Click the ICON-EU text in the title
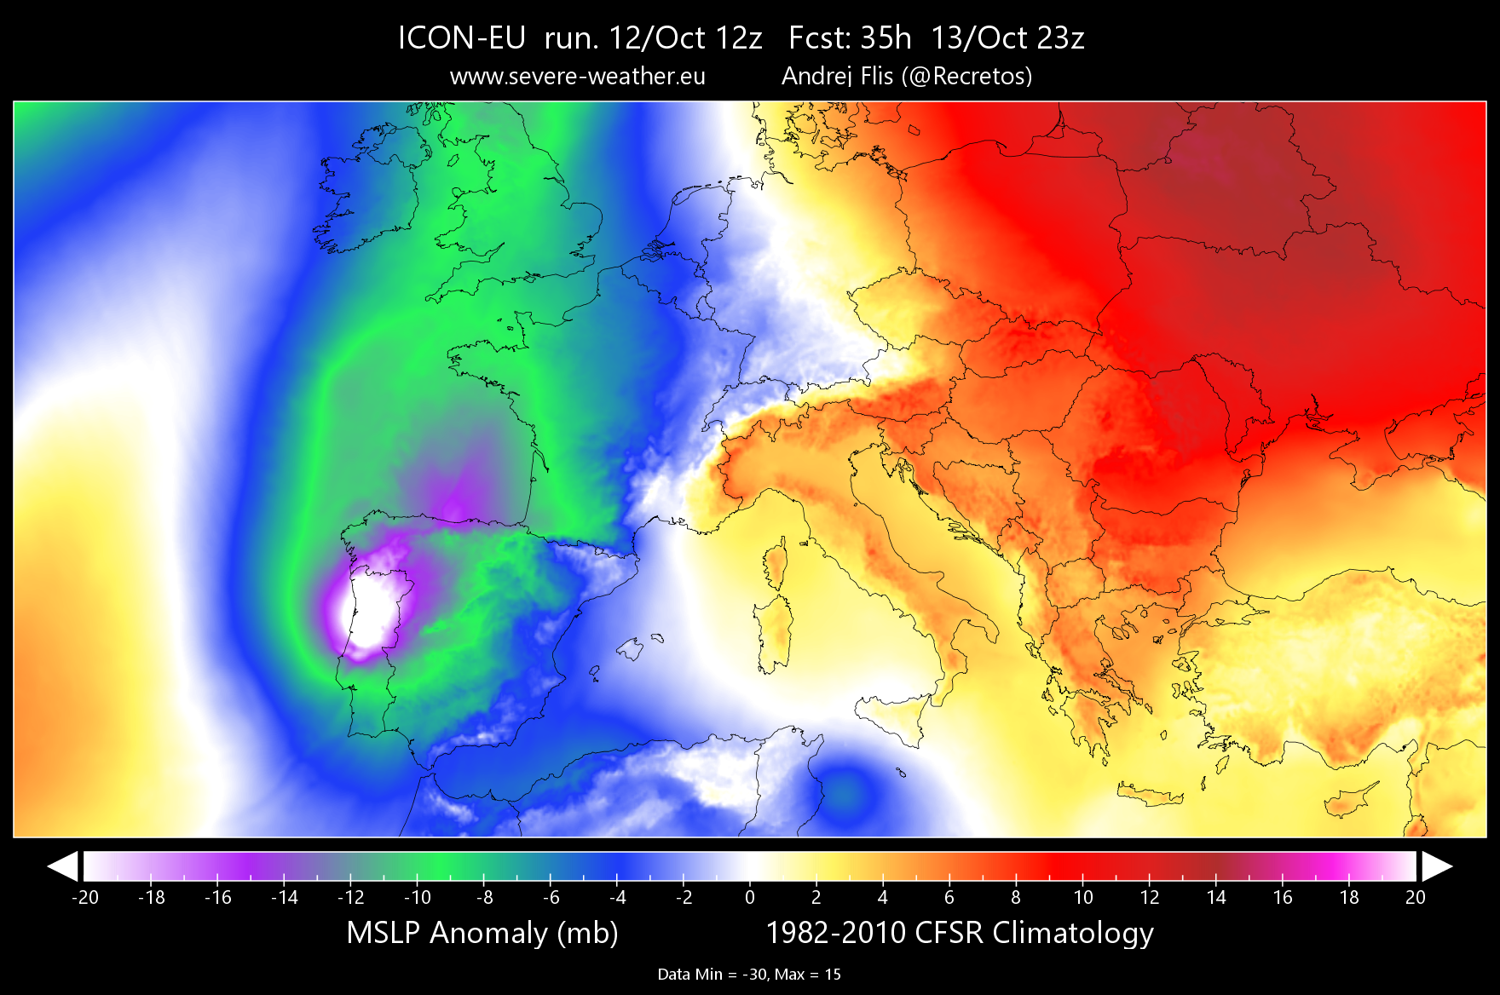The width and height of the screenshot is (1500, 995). point(461,38)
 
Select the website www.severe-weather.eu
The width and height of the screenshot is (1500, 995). point(577,77)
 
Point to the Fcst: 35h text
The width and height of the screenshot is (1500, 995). point(850,38)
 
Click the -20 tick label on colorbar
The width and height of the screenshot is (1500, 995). point(84,897)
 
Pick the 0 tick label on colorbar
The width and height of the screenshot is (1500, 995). point(750,897)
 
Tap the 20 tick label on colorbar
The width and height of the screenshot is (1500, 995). point(1415,897)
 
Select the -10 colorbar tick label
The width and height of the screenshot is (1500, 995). point(417,897)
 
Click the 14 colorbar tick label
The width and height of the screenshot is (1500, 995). point(1216,897)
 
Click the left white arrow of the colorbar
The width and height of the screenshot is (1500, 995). point(63,866)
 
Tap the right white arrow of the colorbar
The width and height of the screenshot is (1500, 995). point(1436,866)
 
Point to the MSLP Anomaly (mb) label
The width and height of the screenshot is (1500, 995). point(482,933)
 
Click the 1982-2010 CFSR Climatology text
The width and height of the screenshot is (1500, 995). point(960,933)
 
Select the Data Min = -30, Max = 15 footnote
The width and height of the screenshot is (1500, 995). point(749,975)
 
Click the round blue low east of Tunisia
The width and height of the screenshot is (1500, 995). point(844,791)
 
